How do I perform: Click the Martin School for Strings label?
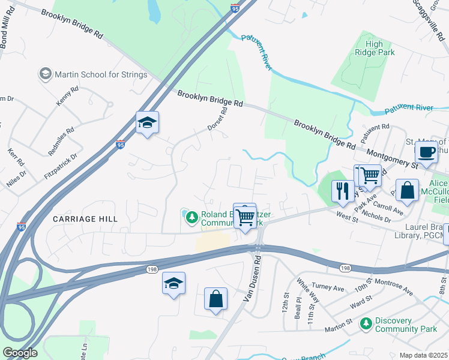pyautogui.click(x=101, y=74)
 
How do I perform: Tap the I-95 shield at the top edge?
pyautogui.click(x=235, y=8)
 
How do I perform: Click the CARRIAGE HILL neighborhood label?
pyautogui.click(x=83, y=219)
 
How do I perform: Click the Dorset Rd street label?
pyautogui.click(x=218, y=119)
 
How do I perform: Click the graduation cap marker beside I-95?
pyautogui.click(x=147, y=123)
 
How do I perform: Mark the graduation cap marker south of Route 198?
pyautogui.click(x=173, y=283)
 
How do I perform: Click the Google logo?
pyautogui.click(x=20, y=353)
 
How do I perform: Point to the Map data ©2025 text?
pyautogui.click(x=423, y=355)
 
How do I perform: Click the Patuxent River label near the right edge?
pyautogui.click(x=410, y=109)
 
